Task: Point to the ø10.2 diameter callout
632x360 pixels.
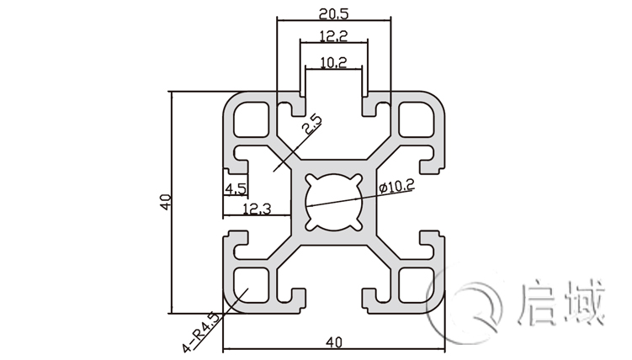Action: coord(396,188)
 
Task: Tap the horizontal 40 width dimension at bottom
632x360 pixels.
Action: coord(334,341)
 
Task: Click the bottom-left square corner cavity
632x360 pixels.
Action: coord(250,284)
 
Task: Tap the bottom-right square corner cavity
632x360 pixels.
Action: coord(417,284)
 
